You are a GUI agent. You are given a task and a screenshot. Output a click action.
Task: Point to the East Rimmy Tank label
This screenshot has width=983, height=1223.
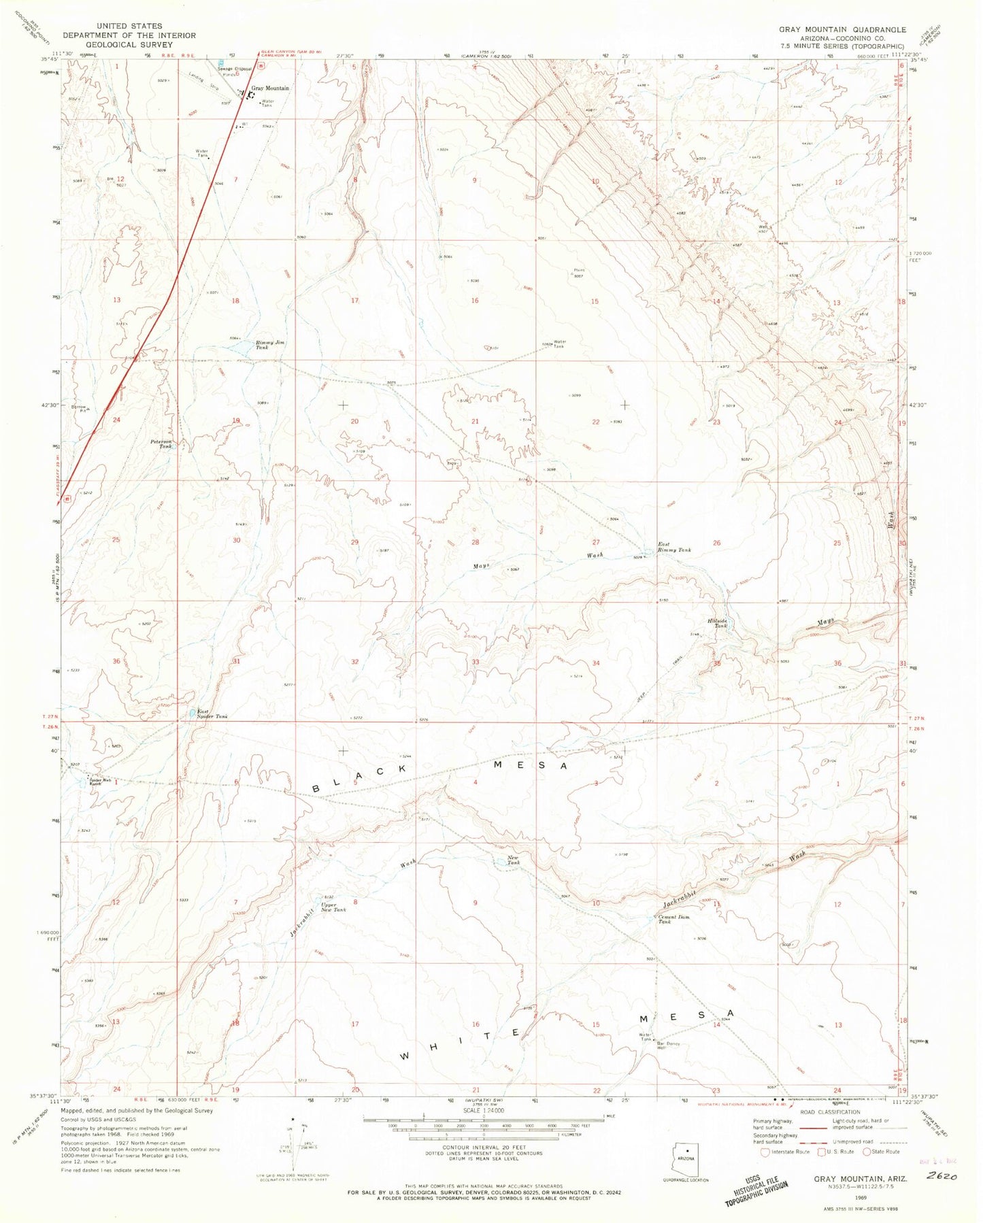click(673, 547)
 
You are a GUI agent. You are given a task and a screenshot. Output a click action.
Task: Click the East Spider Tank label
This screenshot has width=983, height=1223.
click(212, 714)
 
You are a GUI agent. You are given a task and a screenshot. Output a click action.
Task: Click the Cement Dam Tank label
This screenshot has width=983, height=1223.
click(673, 919)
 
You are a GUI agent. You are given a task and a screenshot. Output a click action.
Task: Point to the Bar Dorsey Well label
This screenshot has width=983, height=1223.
click(668, 1045)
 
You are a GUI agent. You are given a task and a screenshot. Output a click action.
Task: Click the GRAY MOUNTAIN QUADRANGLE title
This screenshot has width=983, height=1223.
click(842, 30)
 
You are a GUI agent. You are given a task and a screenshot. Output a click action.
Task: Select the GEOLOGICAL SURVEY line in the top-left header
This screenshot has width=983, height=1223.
click(129, 45)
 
